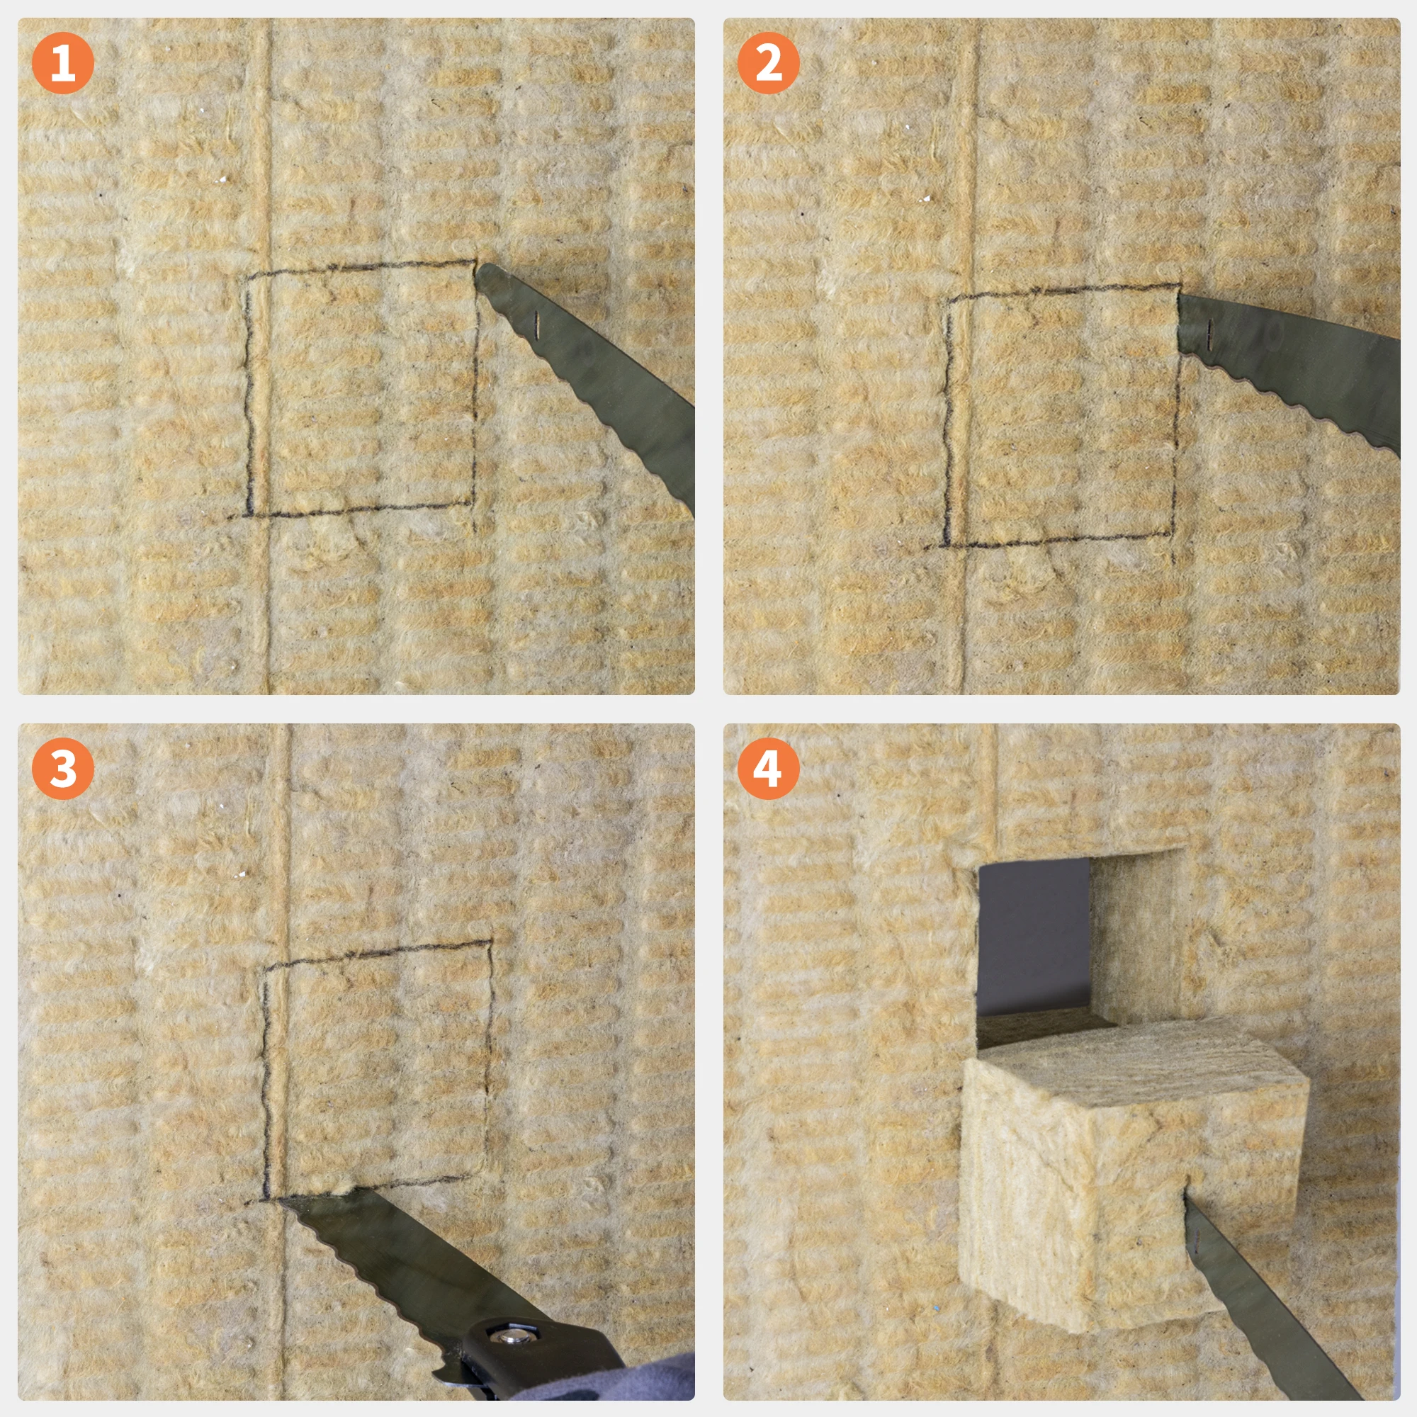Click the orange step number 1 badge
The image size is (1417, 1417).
pyautogui.click(x=63, y=63)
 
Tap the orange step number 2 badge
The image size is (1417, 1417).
pyautogui.click(x=768, y=63)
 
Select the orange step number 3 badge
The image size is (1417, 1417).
pyautogui.click(x=63, y=768)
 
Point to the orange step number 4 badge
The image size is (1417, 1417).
pyautogui.click(x=768, y=768)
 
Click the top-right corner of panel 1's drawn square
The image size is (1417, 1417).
pyautogui.click(x=475, y=263)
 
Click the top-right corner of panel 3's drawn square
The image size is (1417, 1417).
pyautogui.click(x=490, y=942)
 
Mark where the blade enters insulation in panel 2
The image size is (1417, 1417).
pyautogui.click(x=1181, y=322)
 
